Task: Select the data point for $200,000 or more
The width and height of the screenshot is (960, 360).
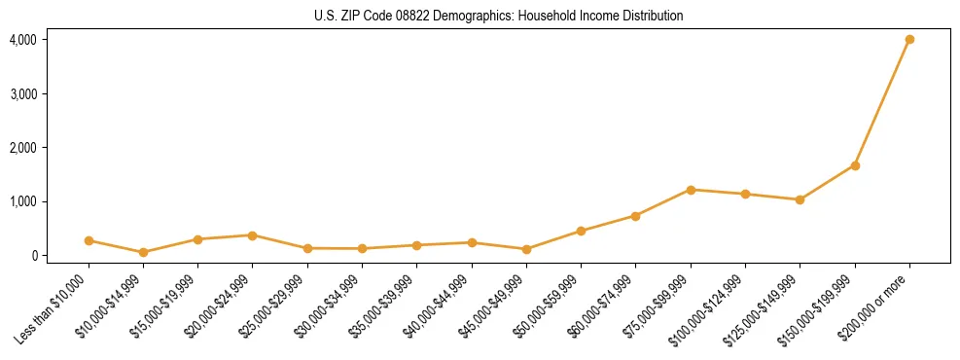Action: (x=909, y=40)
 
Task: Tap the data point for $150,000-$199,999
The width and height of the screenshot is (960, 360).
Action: (x=855, y=165)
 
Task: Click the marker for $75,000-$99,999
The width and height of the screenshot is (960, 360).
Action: (x=691, y=190)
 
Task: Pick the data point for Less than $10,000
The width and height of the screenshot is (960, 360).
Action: (x=89, y=240)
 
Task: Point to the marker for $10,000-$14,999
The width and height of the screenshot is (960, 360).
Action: (x=143, y=252)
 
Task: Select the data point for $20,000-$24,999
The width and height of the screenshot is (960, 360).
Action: (x=252, y=235)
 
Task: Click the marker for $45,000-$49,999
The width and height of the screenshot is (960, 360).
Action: (x=526, y=249)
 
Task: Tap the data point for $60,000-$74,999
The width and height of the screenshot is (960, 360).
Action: (x=635, y=216)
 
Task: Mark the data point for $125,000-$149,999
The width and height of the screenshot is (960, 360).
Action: (x=800, y=199)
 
